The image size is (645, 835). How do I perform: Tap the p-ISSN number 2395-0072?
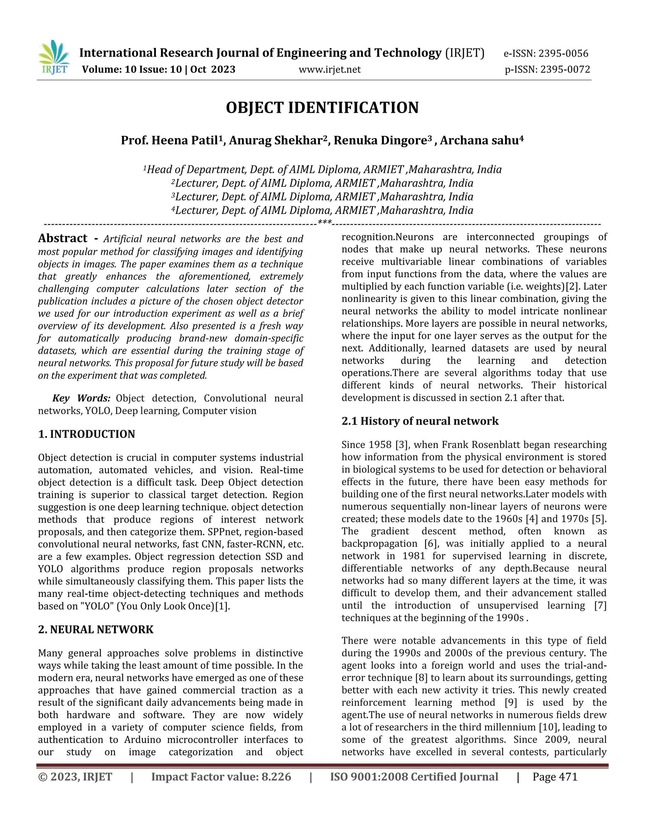pyautogui.click(x=565, y=70)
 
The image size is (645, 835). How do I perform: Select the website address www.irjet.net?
pyautogui.click(x=329, y=70)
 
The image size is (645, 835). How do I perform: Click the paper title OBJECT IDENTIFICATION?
pyautogui.click(x=322, y=108)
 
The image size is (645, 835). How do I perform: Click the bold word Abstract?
pyautogui.click(x=63, y=239)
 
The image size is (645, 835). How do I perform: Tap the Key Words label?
pyautogui.click(x=81, y=398)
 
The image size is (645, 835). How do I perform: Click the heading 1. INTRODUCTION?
pyautogui.click(x=86, y=434)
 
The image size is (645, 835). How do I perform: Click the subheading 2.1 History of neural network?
pyautogui.click(x=420, y=421)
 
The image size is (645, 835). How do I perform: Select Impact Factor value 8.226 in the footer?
pyautogui.click(x=221, y=777)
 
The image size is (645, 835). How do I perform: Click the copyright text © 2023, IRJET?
pyautogui.click(x=75, y=777)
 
